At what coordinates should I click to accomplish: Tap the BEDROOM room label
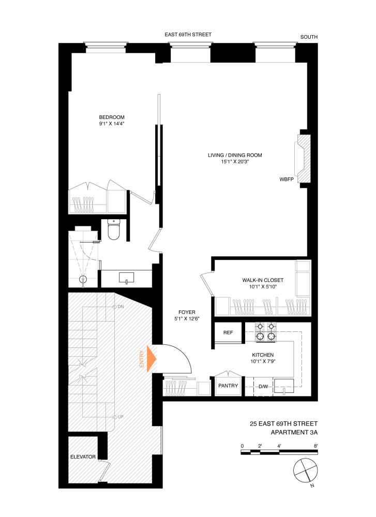(112, 117)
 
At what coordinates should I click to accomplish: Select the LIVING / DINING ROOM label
(235, 155)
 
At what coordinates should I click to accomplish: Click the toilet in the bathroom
(114, 230)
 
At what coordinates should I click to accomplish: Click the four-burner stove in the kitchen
(265, 332)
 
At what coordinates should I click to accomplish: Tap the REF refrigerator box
(229, 332)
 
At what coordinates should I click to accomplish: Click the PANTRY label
(228, 385)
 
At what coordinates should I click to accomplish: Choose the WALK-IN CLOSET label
(263, 280)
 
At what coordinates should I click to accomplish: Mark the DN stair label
(121, 307)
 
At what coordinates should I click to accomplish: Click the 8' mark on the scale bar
(315, 445)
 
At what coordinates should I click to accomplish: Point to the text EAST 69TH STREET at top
(188, 35)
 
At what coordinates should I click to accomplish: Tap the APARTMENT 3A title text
(294, 432)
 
